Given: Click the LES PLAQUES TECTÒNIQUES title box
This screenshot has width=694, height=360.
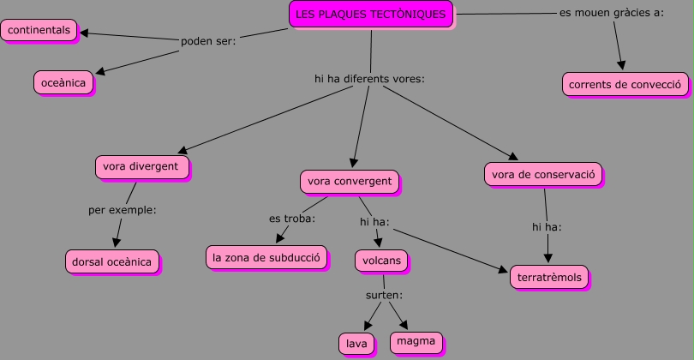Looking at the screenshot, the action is [371, 15].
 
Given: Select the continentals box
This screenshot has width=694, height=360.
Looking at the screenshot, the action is [39, 30].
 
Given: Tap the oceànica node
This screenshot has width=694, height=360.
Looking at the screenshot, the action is [63, 83].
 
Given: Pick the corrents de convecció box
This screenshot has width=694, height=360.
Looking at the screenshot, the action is [625, 84].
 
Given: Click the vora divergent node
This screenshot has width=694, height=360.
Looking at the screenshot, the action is [142, 167].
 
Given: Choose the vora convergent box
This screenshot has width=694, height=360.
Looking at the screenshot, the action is [350, 182].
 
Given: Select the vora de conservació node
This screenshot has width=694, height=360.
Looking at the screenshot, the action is [543, 175].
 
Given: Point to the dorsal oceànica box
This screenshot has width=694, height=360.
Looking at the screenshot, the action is [112, 261].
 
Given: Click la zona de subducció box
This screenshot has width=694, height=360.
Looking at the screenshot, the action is [266, 257].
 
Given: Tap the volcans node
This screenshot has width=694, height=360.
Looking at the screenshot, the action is [381, 261].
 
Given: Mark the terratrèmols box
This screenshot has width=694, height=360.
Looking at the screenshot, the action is [549, 277].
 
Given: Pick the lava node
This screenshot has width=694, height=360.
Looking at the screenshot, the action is [356, 344].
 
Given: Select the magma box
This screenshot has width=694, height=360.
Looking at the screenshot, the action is [416, 342].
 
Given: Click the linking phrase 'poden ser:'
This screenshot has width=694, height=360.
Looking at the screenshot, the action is [208, 41].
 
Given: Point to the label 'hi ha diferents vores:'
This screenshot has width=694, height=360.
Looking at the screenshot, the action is [369, 79].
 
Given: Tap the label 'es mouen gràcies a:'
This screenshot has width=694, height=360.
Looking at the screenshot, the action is [612, 13].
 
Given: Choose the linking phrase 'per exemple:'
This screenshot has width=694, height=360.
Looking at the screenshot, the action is [123, 210].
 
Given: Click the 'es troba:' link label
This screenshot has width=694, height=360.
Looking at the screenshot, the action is [292, 219].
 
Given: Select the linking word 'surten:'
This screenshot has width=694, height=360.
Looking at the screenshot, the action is [384, 295].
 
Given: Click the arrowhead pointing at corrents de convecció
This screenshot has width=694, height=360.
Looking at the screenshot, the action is [621, 65].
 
